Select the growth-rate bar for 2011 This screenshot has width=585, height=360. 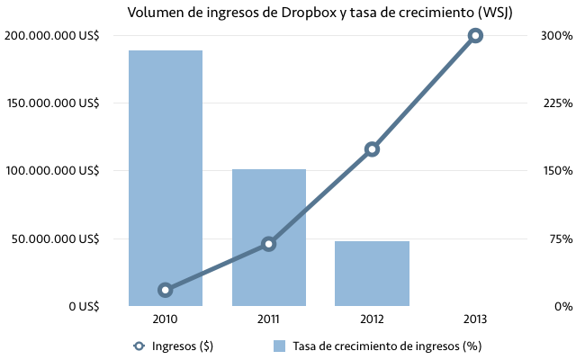click(x=268, y=238)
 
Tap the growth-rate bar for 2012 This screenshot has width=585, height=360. click(x=372, y=274)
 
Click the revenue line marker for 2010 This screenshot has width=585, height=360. click(x=165, y=290)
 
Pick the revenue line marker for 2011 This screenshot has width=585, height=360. click(x=268, y=244)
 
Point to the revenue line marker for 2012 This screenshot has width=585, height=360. click(x=372, y=149)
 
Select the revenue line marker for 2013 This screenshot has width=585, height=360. click(x=475, y=36)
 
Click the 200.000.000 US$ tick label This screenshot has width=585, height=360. click(x=52, y=36)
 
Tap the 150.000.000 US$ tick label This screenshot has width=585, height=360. click(x=52, y=103)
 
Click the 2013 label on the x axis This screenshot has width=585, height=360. click(x=475, y=319)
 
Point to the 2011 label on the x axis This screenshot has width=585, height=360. click(x=268, y=319)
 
